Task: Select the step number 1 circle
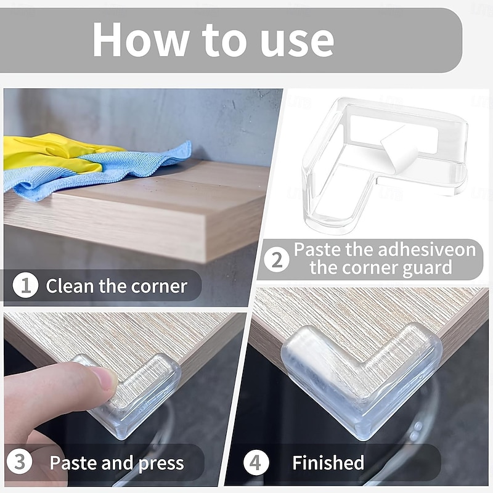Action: coord(25,286)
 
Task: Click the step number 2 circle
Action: coord(277,259)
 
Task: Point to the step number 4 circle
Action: coord(256,463)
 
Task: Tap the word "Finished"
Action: coord(328,463)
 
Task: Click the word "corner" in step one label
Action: coord(158,286)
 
